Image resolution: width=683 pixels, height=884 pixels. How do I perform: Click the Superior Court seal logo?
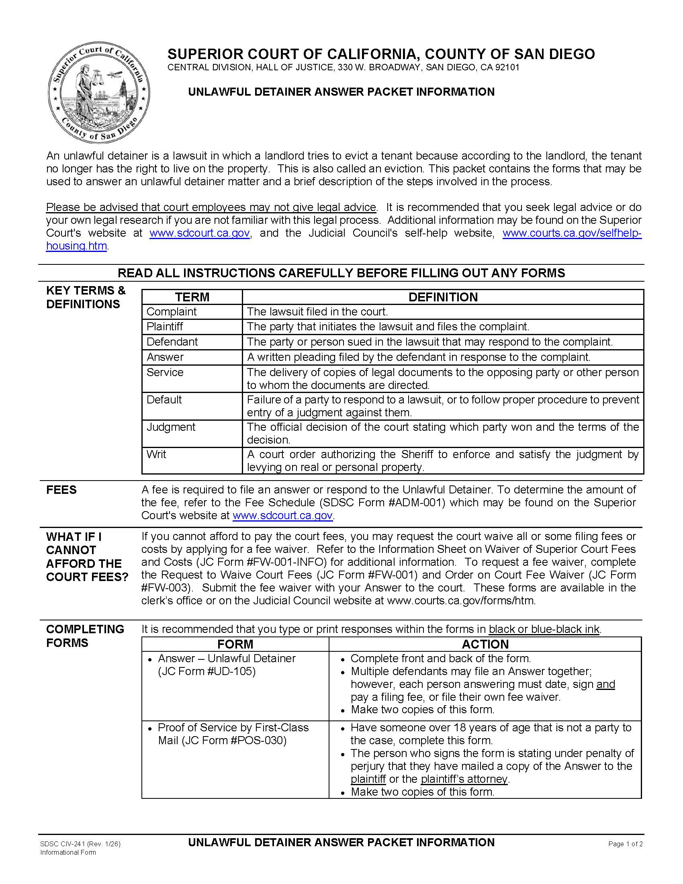click(99, 92)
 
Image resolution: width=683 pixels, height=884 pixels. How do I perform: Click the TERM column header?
click(192, 297)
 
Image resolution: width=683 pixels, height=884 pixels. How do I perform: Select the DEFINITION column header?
click(443, 297)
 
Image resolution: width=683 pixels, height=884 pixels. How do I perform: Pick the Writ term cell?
click(156, 454)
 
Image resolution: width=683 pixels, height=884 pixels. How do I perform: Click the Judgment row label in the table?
click(171, 427)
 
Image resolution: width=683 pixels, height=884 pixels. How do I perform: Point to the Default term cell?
click(164, 399)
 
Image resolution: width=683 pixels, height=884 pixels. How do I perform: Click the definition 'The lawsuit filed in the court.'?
click(317, 312)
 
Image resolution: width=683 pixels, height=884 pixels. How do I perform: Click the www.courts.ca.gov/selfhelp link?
click(571, 233)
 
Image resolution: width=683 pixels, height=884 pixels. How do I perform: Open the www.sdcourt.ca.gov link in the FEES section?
click(283, 515)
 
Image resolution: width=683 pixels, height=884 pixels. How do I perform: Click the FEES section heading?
click(61, 490)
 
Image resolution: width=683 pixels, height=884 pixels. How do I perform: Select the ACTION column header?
click(485, 644)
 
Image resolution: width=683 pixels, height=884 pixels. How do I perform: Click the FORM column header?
click(235, 644)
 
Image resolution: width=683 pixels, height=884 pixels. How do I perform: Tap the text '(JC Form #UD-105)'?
click(207, 671)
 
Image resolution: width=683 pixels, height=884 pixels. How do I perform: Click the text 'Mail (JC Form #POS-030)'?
click(222, 740)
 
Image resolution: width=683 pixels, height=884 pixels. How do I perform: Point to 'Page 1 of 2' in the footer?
click(625, 844)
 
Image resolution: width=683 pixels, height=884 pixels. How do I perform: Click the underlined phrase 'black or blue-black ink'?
click(544, 629)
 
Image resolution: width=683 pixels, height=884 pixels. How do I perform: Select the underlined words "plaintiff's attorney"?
click(464, 779)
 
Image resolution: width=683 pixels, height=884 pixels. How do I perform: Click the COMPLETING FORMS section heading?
click(85, 636)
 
